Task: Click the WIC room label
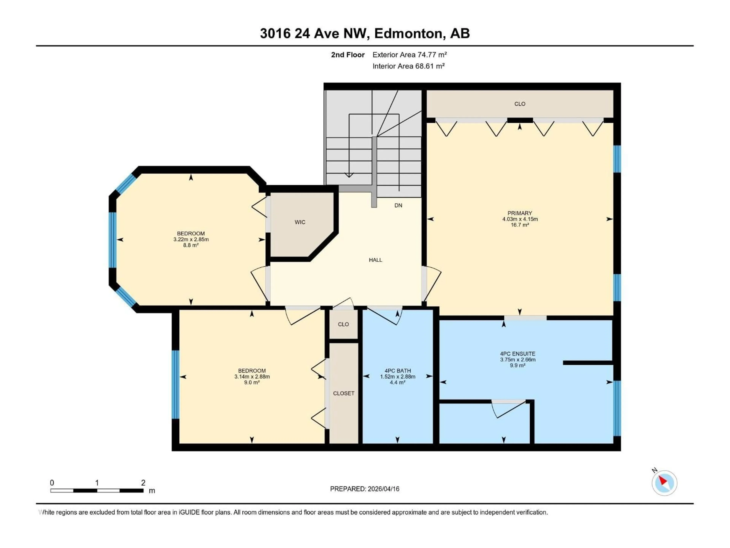pos(300,222)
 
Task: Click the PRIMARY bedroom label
pos(519,213)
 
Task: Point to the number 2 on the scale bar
pos(143,483)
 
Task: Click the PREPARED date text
pos(364,489)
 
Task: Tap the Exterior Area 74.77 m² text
pos(409,55)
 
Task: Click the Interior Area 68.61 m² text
pos(408,66)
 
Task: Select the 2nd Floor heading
pos(348,55)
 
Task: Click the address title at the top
pos(365,33)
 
